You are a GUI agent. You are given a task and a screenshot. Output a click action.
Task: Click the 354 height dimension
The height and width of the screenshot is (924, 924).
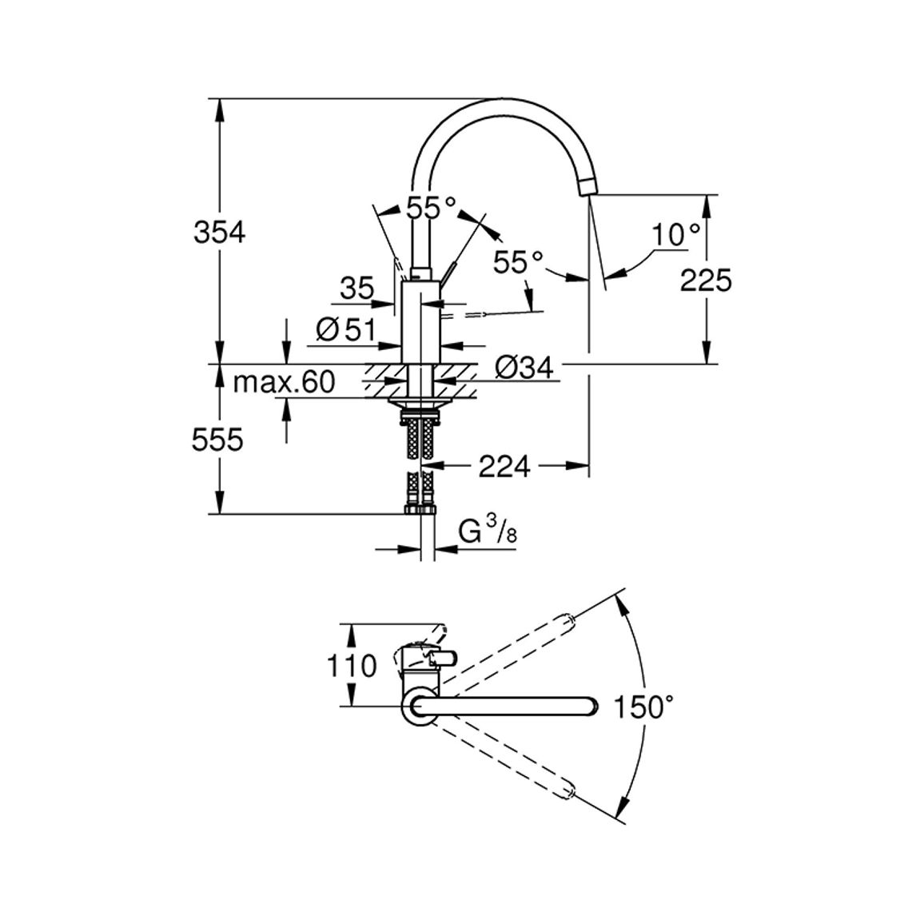coord(219,233)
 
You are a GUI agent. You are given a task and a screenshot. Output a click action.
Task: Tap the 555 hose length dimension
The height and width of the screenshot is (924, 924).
coord(217,440)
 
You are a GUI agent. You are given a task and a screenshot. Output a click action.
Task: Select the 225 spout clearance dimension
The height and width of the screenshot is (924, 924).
coord(705,280)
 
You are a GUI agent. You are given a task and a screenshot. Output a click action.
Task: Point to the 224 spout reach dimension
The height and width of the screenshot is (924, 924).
coord(504,467)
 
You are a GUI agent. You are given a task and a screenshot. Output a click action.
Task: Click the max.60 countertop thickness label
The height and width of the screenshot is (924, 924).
coord(284,382)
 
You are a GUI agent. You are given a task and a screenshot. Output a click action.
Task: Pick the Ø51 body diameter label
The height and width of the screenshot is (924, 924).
coord(345,329)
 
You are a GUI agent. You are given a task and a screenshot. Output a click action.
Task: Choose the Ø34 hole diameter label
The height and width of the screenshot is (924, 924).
coord(524,368)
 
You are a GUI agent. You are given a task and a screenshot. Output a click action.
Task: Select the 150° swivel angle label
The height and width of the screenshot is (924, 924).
coord(643,707)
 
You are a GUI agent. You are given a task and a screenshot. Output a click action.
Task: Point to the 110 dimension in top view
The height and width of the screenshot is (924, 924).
coord(351,667)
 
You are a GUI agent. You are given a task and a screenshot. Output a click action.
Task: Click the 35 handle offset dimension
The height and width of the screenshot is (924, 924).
coord(357,289)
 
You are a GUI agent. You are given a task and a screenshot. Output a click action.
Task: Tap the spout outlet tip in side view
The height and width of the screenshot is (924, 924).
coord(588,187)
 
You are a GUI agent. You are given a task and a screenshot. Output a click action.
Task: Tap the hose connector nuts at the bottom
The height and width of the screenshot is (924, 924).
coord(419,509)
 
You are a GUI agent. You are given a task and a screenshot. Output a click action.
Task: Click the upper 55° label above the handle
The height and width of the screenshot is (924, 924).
coord(431,208)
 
